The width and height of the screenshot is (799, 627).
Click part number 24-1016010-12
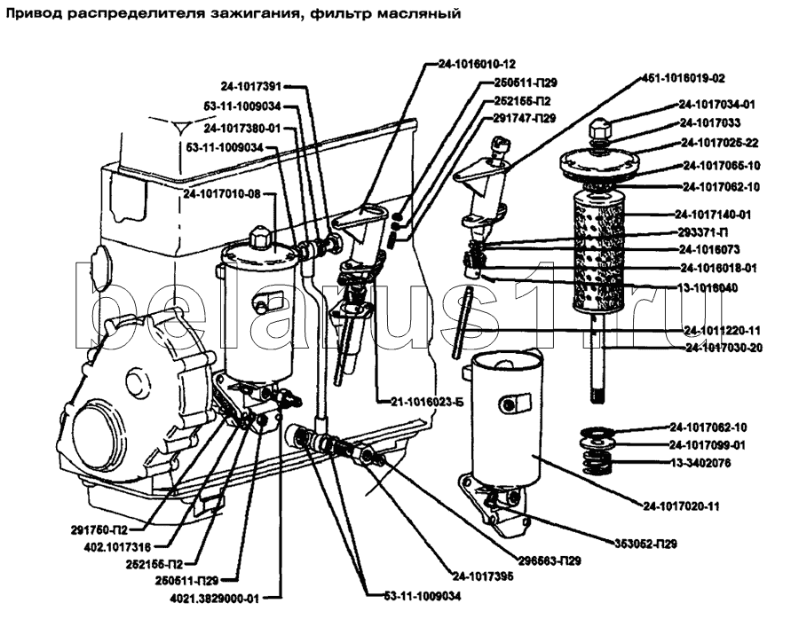(x=477, y=65)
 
